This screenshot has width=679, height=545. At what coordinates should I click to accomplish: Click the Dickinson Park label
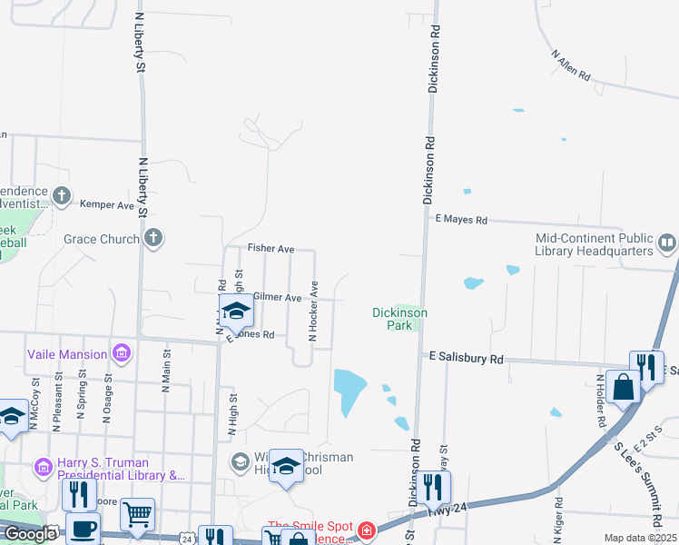coord(399,318)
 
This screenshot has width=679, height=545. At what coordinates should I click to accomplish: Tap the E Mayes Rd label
coord(461,220)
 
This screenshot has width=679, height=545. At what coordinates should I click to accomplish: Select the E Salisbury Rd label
coord(467,360)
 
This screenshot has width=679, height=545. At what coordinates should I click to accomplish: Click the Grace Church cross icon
coord(153,239)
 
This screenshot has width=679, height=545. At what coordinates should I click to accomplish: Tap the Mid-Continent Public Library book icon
coord(667,243)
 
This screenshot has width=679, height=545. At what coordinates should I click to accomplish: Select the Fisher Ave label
coord(271,248)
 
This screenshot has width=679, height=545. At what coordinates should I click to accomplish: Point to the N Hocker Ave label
coord(313,311)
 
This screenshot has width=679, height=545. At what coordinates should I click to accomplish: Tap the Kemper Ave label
coord(107,205)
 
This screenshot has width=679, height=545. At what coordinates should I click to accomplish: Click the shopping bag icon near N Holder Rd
coord(625,387)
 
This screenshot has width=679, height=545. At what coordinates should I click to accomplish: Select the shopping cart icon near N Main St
coord(137,516)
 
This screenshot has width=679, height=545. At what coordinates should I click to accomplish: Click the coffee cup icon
coord(83,529)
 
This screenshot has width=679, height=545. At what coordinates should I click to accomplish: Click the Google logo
coord(30,534)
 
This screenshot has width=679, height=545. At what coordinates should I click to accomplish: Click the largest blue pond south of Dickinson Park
coord(349,391)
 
